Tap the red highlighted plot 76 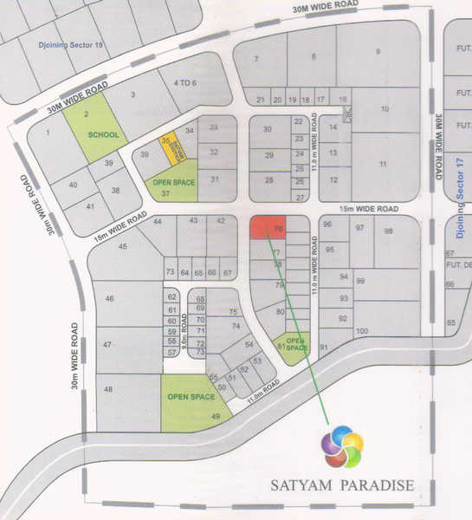[x=268, y=227]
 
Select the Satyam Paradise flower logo [x=342, y=446]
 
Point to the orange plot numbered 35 [x=171, y=148]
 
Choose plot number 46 [x=110, y=299]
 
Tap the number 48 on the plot [x=108, y=389]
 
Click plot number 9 [x=378, y=52]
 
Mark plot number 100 [x=362, y=331]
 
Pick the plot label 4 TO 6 [x=186, y=83]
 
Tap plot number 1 [x=48, y=133]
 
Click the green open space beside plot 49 [x=191, y=398]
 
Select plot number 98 [x=389, y=231]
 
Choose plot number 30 [x=268, y=130]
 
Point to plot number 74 [x=236, y=326]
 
